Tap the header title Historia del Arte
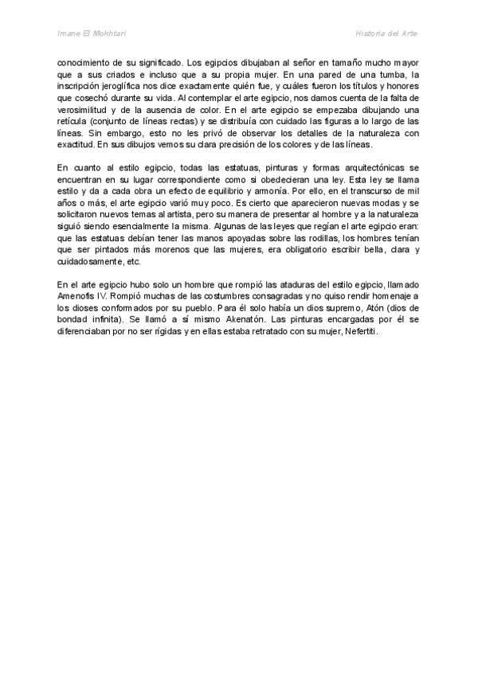(x=386, y=33)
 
